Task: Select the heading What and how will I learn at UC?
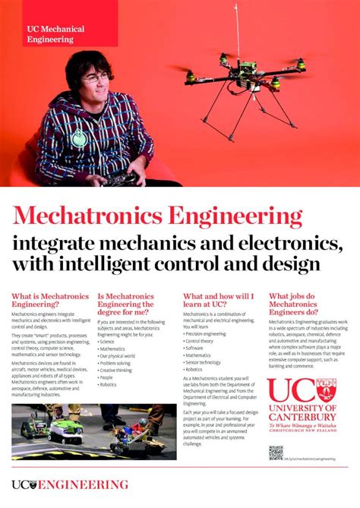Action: click(218, 300)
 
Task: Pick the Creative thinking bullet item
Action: click(118, 368)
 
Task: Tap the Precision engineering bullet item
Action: click(207, 333)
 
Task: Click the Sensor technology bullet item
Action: click(205, 361)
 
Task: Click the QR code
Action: click(275, 453)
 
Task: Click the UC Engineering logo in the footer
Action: click(69, 484)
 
